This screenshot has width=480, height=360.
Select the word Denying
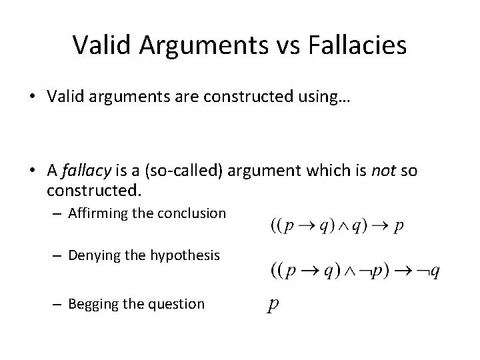[91, 255]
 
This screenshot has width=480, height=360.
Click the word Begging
[91, 304]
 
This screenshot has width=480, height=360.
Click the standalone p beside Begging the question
[272, 305]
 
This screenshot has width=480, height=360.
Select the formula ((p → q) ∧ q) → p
[337, 225]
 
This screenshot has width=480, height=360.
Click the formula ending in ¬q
[355, 271]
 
